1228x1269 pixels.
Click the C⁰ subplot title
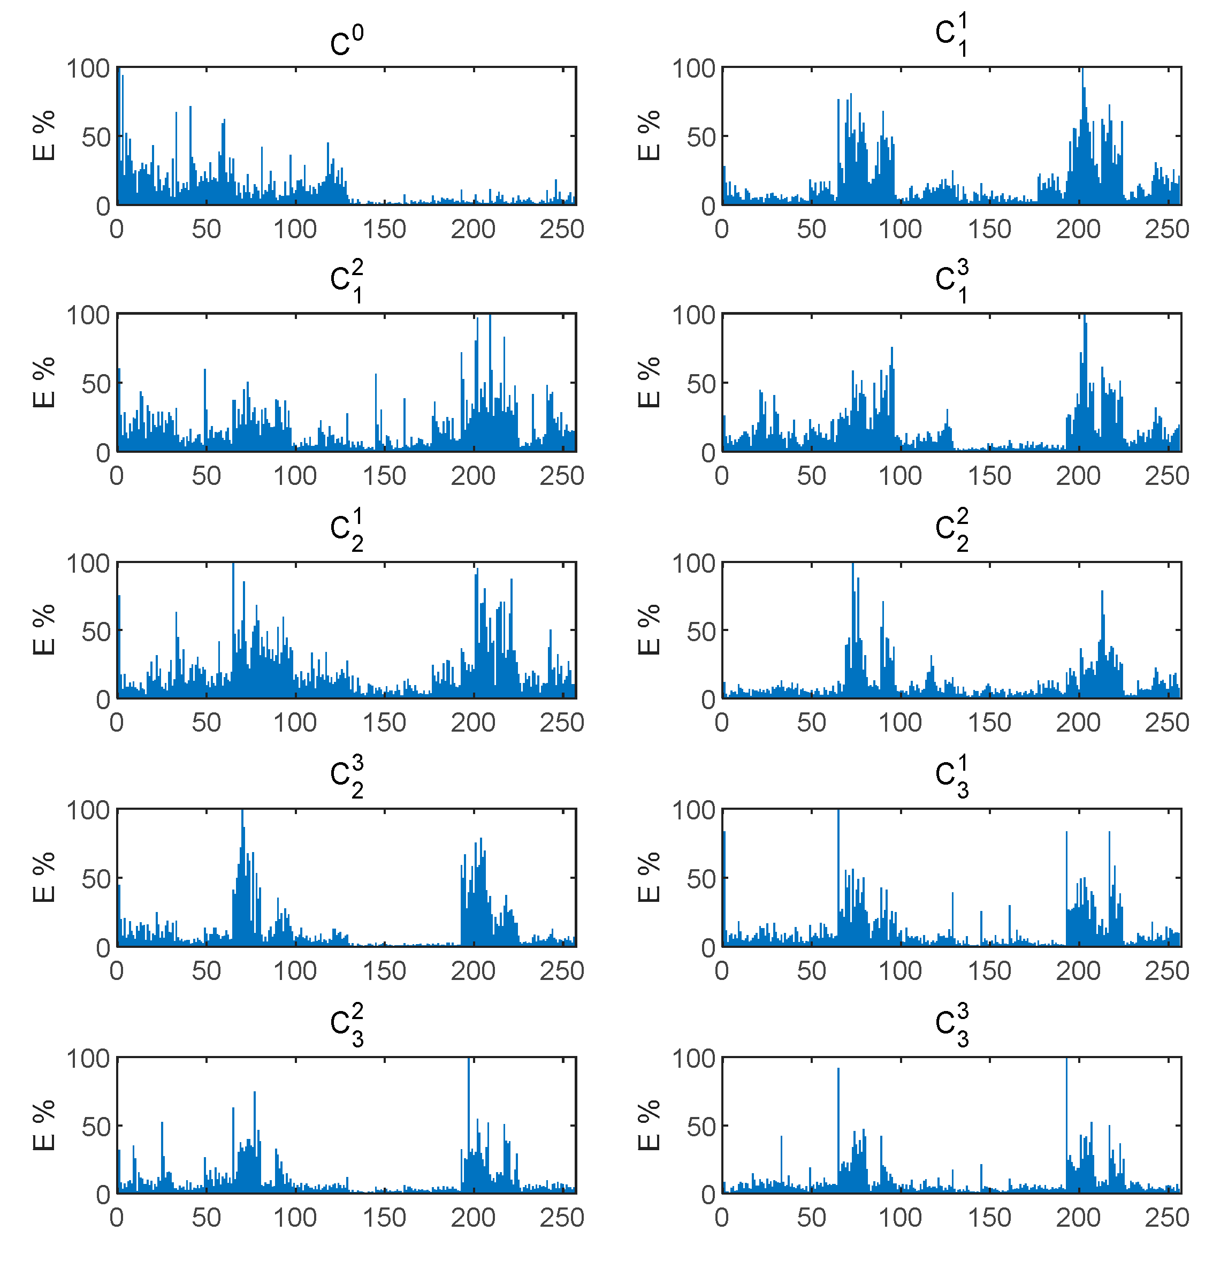[346, 41]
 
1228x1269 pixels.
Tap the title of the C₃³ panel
[951, 1024]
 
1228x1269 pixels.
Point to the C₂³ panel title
[346, 777]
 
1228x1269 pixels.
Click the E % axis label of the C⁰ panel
[44, 135]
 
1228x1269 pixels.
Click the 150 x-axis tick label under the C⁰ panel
[384, 229]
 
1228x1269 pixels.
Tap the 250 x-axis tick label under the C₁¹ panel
[1166, 229]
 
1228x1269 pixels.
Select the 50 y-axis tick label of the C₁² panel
[96, 384]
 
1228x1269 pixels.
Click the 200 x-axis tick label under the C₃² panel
[473, 1218]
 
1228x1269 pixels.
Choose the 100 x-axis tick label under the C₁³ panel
[900, 476]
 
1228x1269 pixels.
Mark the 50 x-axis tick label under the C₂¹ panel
[206, 723]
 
